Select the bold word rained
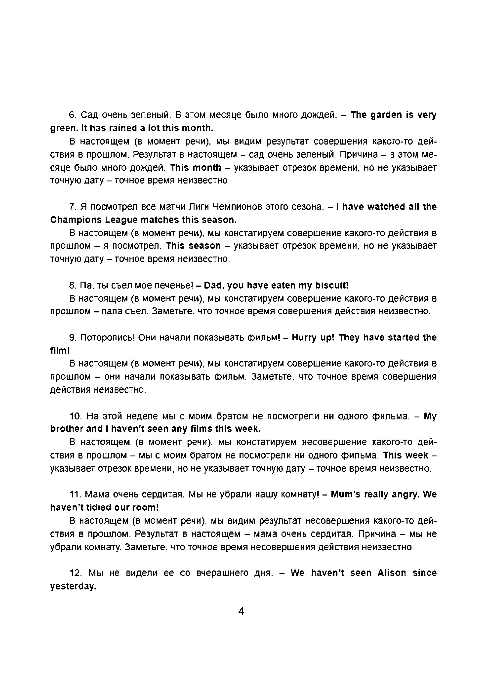[x=122, y=128]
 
